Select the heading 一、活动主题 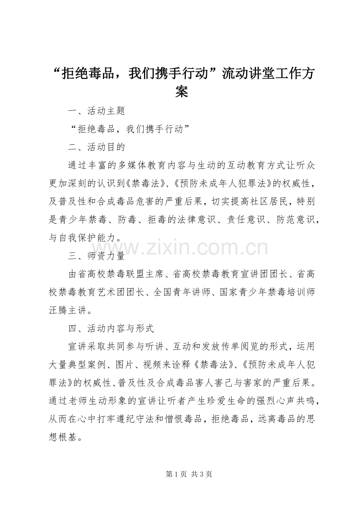[x=96, y=111]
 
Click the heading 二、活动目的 [x=96, y=147]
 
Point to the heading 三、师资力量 [x=96, y=256]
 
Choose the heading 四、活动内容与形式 [x=111, y=328]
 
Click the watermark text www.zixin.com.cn [x=180, y=247]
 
